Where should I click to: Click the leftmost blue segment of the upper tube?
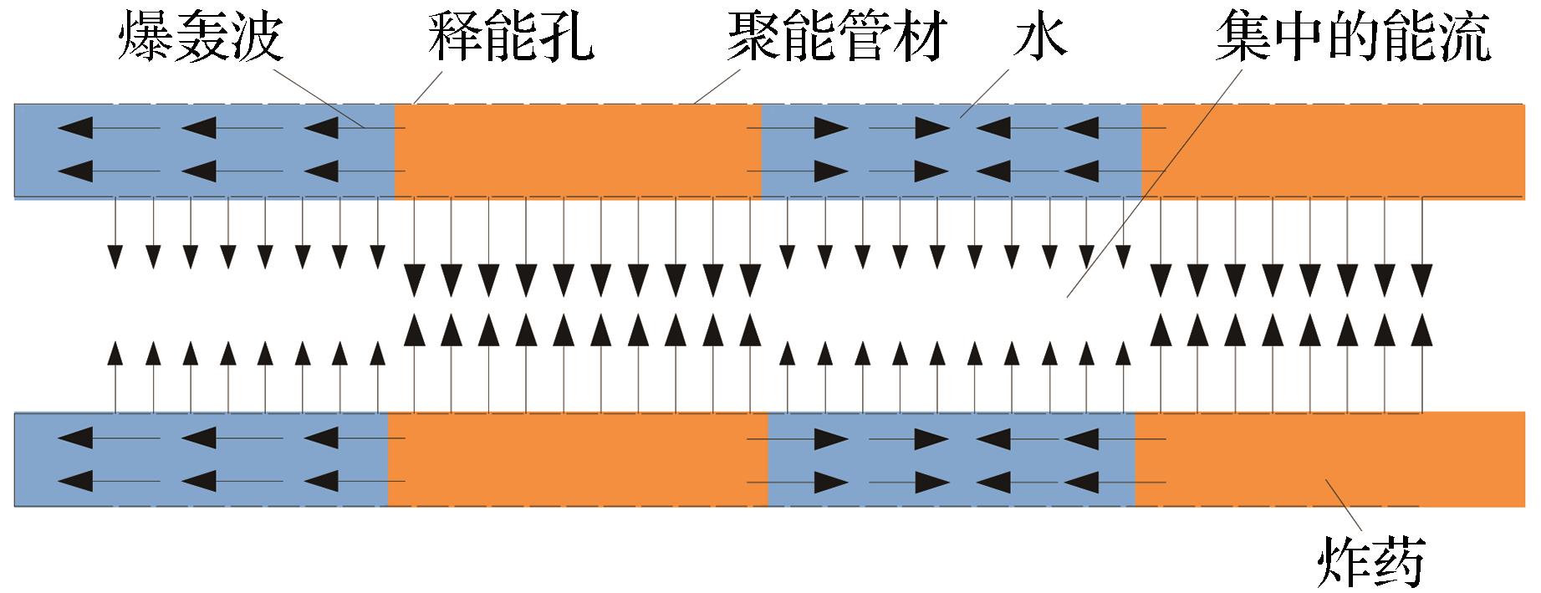point(204,151)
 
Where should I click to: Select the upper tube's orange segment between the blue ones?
point(577,151)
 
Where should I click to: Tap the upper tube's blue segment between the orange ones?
point(952,151)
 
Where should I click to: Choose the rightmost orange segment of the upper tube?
point(1338,151)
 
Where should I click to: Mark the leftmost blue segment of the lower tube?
point(201,459)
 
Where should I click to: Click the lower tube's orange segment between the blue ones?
point(577,459)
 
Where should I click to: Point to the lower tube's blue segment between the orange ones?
point(952,459)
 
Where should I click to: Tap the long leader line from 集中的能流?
point(1154,184)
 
